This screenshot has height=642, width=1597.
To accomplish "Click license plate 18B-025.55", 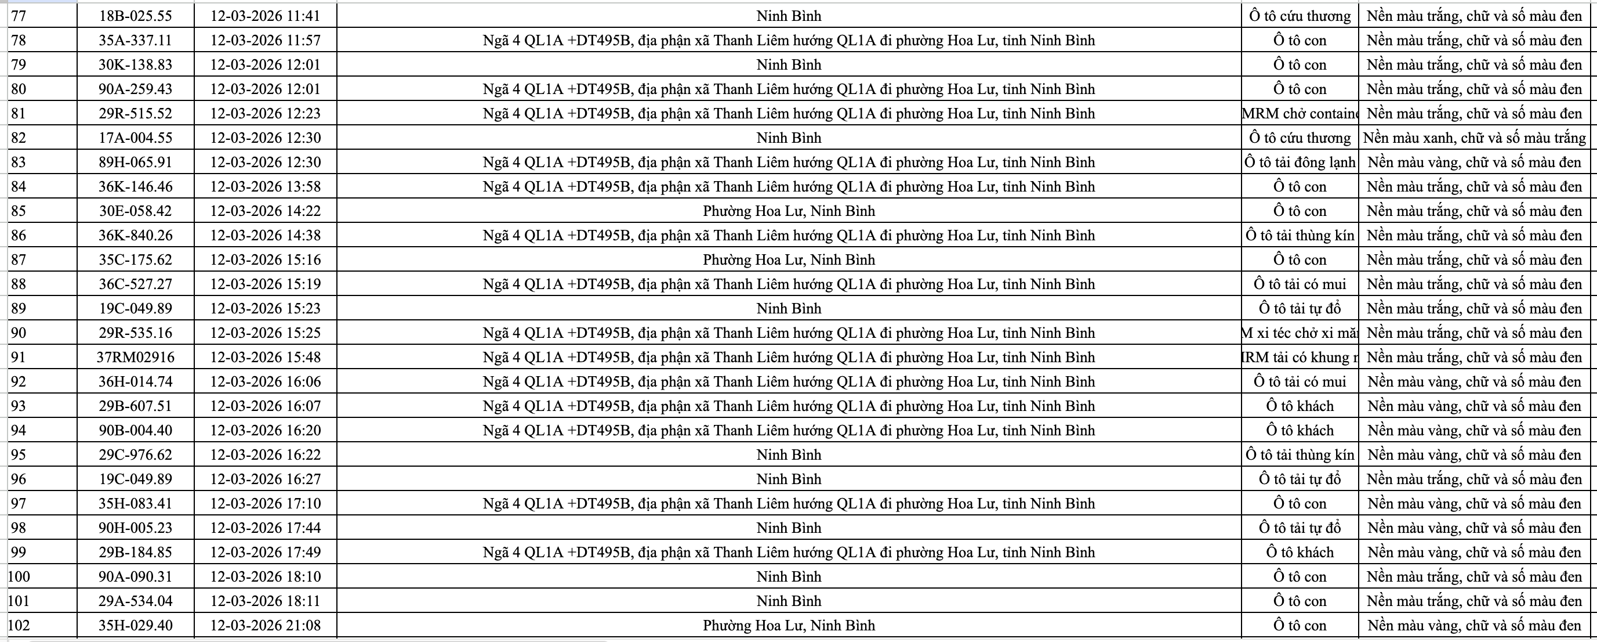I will (135, 16).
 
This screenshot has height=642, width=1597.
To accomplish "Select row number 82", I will (19, 138).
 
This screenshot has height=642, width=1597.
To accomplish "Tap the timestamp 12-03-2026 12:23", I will (266, 114).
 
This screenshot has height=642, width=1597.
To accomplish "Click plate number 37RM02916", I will (135, 358).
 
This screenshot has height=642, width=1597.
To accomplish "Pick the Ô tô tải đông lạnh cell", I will (1300, 163).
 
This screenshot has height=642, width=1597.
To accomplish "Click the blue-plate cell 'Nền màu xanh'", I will (1474, 138).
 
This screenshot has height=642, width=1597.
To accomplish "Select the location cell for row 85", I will (789, 211).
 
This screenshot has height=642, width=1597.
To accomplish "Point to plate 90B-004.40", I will (135, 431).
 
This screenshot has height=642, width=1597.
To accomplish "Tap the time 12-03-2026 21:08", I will (266, 625).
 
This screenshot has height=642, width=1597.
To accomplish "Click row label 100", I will (19, 577).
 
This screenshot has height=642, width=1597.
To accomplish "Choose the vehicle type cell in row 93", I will (1300, 406).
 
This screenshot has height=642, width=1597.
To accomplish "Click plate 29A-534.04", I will (135, 601).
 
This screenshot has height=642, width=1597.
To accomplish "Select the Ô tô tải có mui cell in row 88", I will (1300, 284).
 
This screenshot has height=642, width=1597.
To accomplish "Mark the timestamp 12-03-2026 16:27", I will (266, 479).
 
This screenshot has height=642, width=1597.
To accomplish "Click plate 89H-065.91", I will (135, 163).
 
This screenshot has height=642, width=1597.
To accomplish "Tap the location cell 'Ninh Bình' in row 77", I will (789, 16).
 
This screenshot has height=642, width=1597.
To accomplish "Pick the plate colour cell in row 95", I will (1474, 455).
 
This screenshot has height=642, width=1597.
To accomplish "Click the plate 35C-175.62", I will (135, 260).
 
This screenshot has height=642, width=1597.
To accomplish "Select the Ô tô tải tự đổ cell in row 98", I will (1300, 528).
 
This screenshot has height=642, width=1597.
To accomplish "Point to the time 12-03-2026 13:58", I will (266, 187).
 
